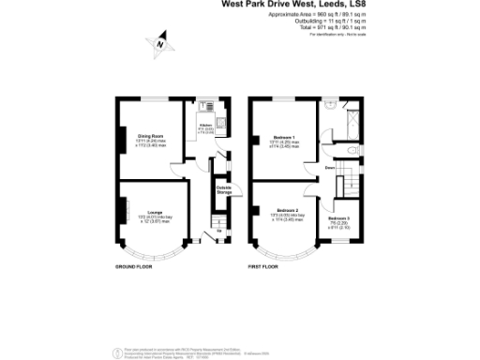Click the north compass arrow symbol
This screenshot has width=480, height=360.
[x=160, y=42]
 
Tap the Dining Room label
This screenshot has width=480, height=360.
[x=138, y=135]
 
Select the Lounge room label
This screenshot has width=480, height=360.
[x=139, y=214]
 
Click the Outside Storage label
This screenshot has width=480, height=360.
[x=223, y=190]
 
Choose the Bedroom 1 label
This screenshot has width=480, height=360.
[x=283, y=139]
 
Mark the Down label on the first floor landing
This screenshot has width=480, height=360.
[x=330, y=169]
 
